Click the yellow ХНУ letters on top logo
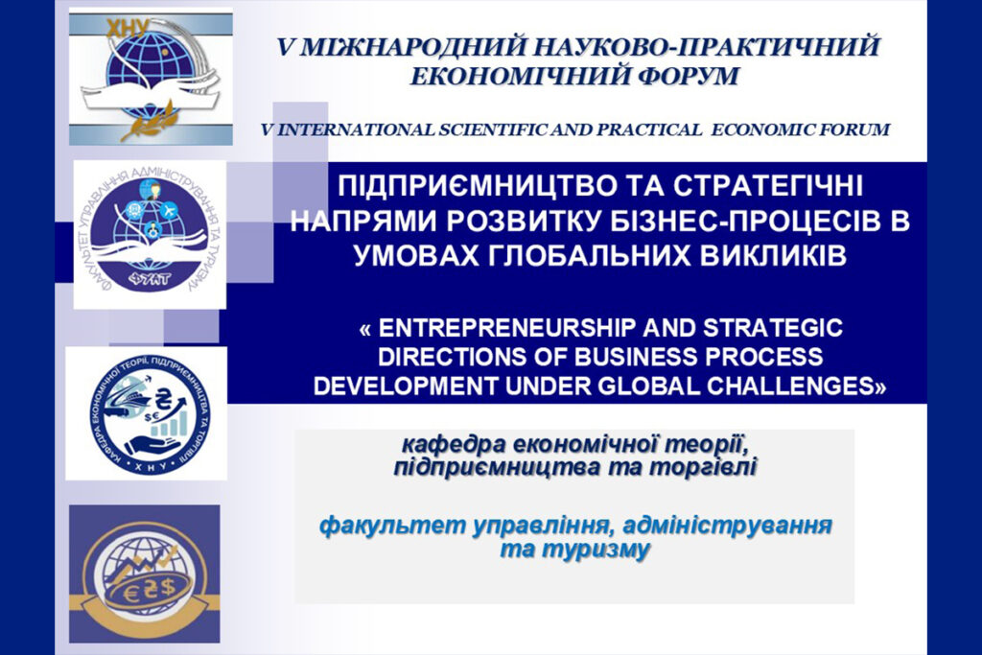(x=128, y=28)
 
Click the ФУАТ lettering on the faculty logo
(x=151, y=279)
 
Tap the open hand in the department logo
(x=152, y=447)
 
